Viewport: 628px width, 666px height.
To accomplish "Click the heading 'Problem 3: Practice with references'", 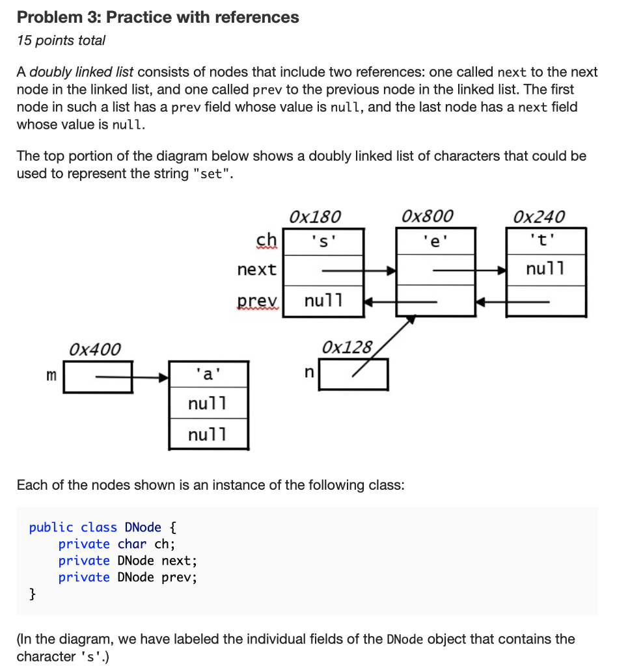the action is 157,18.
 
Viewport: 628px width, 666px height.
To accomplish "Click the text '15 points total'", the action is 61,40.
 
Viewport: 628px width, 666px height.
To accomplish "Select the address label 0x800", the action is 428,216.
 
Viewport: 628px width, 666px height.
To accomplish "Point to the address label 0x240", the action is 539,216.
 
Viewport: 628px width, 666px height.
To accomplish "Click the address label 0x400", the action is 95,349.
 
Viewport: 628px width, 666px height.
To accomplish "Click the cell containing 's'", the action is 324,241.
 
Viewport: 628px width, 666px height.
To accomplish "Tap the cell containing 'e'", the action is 435,241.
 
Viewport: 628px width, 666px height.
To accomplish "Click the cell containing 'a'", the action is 208,374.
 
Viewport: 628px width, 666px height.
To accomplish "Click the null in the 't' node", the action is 546,269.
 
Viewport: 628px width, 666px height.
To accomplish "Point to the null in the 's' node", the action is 323,301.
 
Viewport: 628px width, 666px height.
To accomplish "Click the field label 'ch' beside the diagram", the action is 266,240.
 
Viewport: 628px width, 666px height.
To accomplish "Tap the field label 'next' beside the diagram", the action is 256,269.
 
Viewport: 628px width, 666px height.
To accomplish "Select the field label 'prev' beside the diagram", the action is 257,300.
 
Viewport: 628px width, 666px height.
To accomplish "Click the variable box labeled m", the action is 98,377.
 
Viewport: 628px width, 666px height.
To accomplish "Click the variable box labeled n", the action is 353,374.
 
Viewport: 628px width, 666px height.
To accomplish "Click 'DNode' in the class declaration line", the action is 143,527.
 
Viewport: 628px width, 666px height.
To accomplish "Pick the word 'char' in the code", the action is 132,544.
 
